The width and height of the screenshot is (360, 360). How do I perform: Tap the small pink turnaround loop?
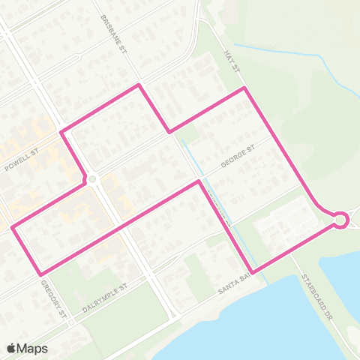[x=340, y=219]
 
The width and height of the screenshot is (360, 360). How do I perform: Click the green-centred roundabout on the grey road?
[x=92, y=179]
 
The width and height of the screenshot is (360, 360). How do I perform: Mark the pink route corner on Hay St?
[x=244, y=88]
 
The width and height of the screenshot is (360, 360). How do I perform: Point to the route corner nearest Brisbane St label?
[x=138, y=85]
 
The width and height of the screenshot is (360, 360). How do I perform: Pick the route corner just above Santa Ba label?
[x=253, y=271]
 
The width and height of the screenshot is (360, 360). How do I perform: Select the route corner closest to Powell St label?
[x=61, y=133]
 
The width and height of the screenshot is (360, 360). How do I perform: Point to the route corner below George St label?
[x=199, y=181]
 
